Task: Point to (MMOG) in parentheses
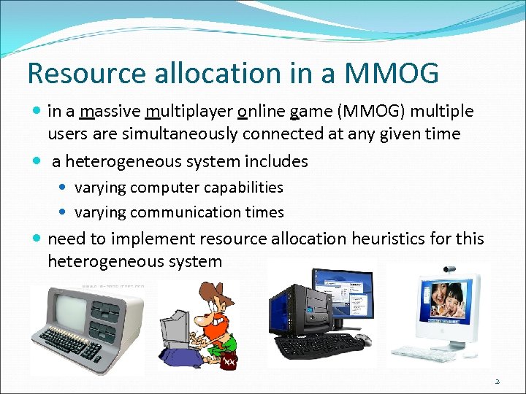[370, 112]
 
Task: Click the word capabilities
[243, 188]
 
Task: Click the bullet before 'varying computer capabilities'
[64, 188]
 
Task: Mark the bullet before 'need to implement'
[37, 239]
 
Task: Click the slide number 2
[497, 381]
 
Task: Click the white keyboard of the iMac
[424, 354]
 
